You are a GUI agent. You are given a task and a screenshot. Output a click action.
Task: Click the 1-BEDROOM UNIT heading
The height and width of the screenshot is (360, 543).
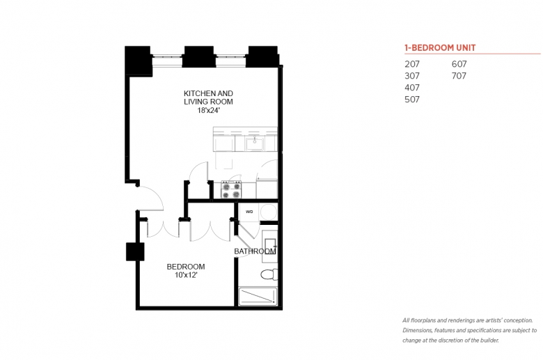point(440,48)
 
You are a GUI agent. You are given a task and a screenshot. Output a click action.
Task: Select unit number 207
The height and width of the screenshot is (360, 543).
point(412,64)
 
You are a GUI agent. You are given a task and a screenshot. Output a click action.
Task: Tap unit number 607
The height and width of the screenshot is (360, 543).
point(459,64)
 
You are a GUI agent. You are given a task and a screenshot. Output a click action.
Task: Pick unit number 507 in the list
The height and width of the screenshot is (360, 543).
point(412,100)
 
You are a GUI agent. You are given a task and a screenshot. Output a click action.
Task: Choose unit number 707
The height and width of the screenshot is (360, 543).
point(459,76)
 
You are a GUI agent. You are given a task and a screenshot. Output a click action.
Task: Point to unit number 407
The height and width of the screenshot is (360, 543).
point(412,88)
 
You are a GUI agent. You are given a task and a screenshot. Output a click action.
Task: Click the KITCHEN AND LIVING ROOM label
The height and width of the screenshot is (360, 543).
point(208,97)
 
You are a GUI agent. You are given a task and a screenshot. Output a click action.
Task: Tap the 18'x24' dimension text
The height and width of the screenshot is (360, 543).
point(209,111)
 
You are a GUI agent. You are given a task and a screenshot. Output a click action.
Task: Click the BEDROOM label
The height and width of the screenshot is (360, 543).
point(186,267)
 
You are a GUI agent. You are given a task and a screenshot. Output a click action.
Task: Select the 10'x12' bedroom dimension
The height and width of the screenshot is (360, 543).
point(186,275)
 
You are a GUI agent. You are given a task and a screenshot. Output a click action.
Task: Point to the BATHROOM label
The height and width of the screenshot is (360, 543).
point(255,251)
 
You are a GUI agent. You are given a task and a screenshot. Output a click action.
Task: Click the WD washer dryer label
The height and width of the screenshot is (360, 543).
point(249,212)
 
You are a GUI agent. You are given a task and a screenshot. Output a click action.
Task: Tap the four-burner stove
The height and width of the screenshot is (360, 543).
point(231,190)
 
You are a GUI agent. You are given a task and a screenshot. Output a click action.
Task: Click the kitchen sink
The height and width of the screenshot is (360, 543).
point(255,144)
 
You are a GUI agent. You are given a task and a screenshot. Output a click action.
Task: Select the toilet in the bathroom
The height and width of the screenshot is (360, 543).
point(269,274)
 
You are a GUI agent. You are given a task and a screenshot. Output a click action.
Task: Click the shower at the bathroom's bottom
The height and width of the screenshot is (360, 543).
point(258,297)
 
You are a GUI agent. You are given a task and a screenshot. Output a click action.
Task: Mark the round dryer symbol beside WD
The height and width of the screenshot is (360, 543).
point(269,212)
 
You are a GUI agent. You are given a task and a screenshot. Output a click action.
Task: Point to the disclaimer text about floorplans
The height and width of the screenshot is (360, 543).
point(470,330)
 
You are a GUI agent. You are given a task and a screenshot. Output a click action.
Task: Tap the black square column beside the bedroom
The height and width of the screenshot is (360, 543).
point(135,251)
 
